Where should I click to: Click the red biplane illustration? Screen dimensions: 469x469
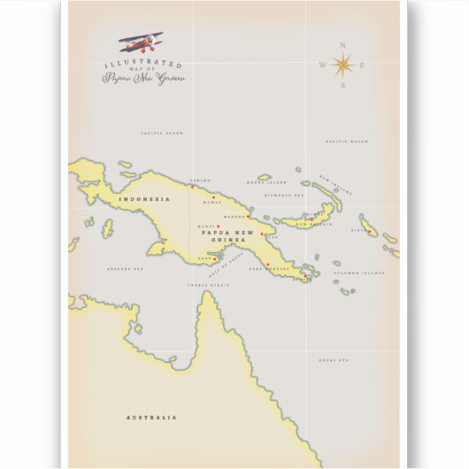[142, 42]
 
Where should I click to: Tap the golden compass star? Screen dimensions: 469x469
[343, 64]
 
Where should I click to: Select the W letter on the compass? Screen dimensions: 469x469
[322, 64]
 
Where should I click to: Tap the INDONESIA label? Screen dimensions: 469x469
[142, 199]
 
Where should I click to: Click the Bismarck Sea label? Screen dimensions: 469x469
[285, 195]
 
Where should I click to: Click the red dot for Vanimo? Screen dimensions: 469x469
[192, 186]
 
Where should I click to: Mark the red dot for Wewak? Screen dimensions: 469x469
[213, 196]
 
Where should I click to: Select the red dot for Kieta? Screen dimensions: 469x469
[369, 231]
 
